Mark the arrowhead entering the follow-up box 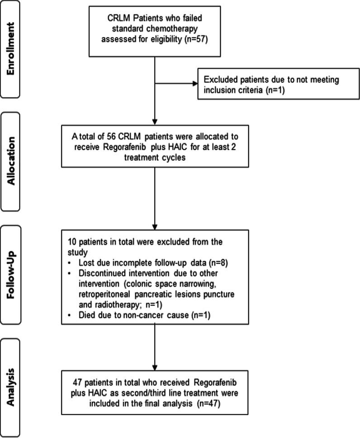(155, 226)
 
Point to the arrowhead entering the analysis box (155, 367)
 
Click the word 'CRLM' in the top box (119, 20)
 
